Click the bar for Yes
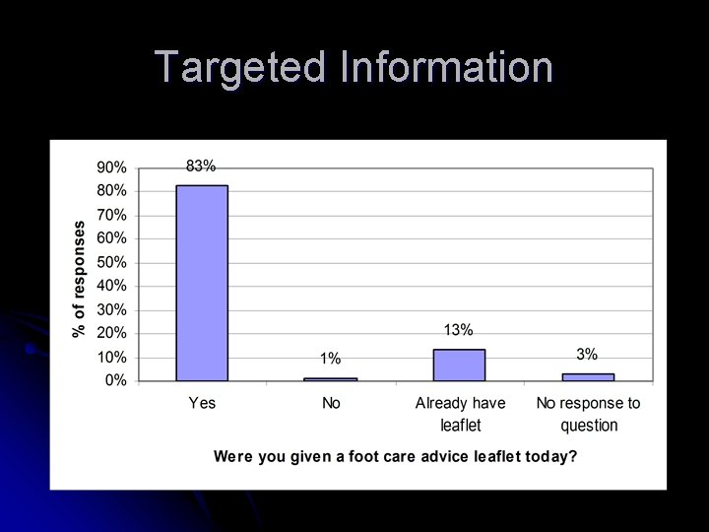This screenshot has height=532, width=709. (202, 283)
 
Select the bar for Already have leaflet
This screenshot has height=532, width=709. (459, 365)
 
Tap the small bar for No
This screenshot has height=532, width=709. (331, 378)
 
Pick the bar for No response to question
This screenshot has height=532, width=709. (588, 376)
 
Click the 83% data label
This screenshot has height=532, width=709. (202, 166)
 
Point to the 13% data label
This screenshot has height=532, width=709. (459, 329)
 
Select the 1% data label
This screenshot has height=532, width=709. (331, 358)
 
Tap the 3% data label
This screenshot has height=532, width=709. (587, 354)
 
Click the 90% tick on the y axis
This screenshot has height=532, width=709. (111, 167)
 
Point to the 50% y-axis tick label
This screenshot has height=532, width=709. (111, 262)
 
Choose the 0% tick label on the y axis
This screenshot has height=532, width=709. (115, 380)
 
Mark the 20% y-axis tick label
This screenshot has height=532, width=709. (111, 333)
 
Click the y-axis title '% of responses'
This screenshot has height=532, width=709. (80, 278)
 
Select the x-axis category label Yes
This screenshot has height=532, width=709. (202, 403)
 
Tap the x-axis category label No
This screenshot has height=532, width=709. (331, 403)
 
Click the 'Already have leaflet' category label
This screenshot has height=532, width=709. (460, 414)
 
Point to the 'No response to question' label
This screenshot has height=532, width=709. (588, 414)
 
